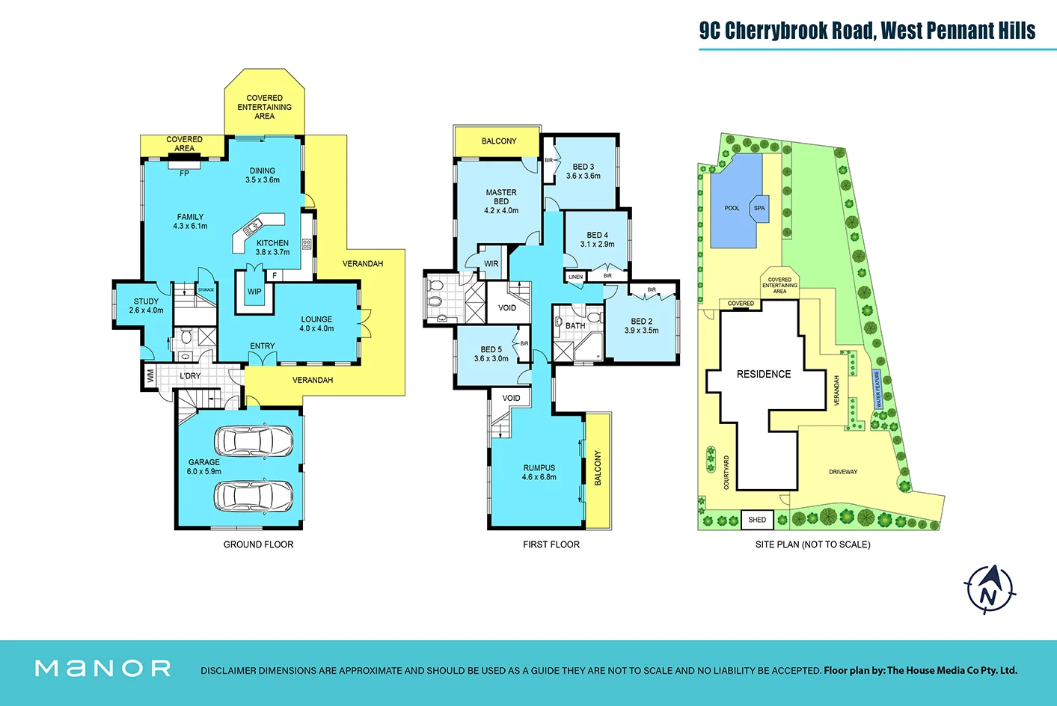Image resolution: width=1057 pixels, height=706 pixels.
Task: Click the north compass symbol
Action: coord(989,589)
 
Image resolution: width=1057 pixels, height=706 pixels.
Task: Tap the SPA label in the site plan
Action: coord(759,209)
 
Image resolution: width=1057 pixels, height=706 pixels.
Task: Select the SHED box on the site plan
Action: coord(757,520)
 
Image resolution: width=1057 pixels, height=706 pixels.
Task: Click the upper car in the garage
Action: coord(254,441)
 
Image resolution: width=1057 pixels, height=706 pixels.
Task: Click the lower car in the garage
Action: coord(254,495)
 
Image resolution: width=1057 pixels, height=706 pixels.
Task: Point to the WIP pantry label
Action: coord(254,292)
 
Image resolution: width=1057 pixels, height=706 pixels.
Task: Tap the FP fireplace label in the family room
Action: coord(184,174)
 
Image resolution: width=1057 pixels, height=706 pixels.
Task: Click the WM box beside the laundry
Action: coord(150,375)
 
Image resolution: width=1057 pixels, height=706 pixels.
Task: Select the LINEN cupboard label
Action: coord(575,277)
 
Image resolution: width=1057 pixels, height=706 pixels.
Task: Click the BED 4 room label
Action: coord(597,235)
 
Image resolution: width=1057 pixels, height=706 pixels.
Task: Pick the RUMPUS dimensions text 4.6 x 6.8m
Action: coord(539,477)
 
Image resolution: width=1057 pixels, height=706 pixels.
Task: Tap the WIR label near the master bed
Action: coord(491,264)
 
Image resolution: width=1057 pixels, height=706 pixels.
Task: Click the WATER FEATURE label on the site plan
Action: coord(877,389)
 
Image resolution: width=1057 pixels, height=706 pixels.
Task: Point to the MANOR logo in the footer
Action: coord(103,668)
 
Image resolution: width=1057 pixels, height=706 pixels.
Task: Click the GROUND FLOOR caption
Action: coord(258,544)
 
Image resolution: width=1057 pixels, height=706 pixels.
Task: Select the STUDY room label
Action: coord(146,301)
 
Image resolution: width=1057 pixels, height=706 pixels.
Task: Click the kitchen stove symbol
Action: coord(307,244)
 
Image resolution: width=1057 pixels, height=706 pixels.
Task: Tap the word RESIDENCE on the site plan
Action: coord(763,374)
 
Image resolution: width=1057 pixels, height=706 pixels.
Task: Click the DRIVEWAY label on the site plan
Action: coord(843,472)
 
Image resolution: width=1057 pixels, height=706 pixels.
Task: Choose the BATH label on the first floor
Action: coord(575,326)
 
